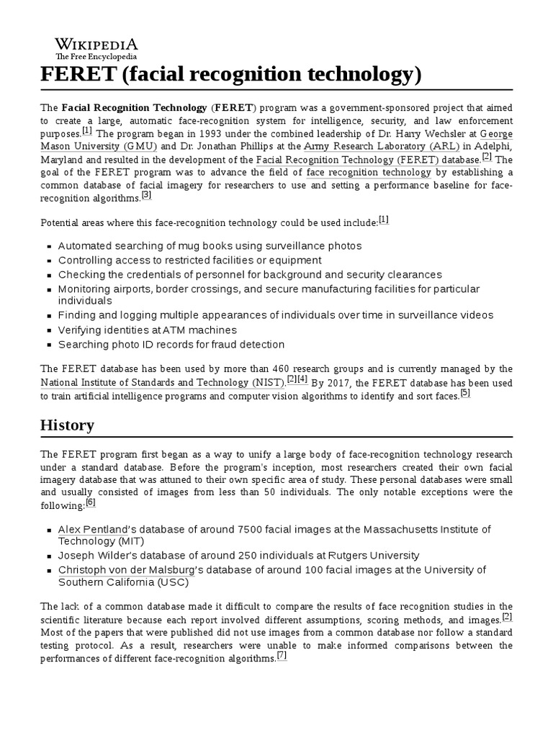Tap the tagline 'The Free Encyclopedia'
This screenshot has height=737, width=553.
tap(96, 57)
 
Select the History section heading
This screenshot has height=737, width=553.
tap(67, 425)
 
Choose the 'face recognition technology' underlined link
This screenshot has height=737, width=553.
tap(369, 173)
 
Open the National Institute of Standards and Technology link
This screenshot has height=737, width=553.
tap(163, 381)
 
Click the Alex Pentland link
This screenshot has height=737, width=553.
tap(93, 529)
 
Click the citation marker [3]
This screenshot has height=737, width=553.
tap(146, 195)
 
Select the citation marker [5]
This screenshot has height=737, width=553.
tap(465, 392)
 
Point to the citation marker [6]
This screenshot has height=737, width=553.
tap(90, 502)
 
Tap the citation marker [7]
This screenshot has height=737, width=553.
tap(282, 656)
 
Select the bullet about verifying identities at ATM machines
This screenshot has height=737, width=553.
tap(147, 330)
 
